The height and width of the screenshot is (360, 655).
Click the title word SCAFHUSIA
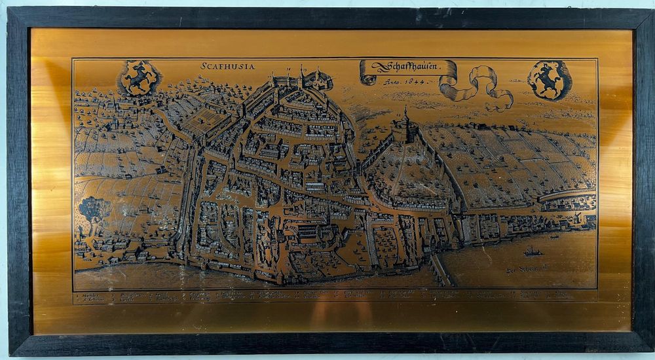click(x=228, y=66)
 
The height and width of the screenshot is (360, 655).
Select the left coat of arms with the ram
click(x=139, y=78)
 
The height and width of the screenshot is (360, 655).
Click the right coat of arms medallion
click(x=549, y=79)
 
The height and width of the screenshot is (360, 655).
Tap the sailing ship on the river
click(x=532, y=251)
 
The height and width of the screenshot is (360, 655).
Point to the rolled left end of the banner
click(x=367, y=73)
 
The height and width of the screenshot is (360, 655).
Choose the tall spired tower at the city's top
click(x=302, y=75)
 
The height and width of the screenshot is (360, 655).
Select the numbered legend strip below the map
click(x=334, y=296)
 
